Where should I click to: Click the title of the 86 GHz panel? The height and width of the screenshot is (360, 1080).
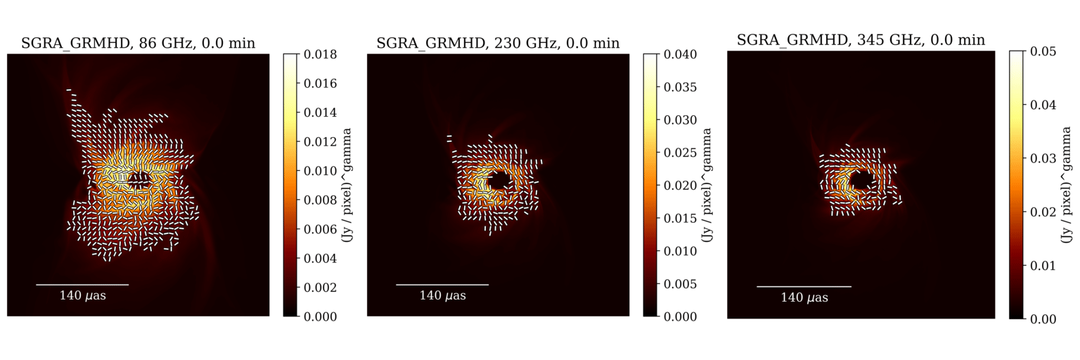(138, 44)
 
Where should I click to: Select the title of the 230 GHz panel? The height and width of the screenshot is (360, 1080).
(498, 44)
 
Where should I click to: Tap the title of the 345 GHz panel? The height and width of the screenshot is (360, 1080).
(861, 40)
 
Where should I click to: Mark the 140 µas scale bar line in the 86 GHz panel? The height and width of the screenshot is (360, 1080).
(82, 285)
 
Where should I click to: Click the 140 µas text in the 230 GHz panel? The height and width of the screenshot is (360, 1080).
(443, 295)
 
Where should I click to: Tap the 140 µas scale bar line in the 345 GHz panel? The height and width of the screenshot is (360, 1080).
(804, 287)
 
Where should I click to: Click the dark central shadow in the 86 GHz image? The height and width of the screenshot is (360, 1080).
(139, 179)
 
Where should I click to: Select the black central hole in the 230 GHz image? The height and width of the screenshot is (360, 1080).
(499, 181)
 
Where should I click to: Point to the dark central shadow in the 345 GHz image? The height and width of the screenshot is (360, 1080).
(860, 181)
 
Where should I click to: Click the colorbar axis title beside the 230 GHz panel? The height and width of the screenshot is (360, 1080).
(707, 185)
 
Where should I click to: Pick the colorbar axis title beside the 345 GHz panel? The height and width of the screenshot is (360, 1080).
(1068, 185)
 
